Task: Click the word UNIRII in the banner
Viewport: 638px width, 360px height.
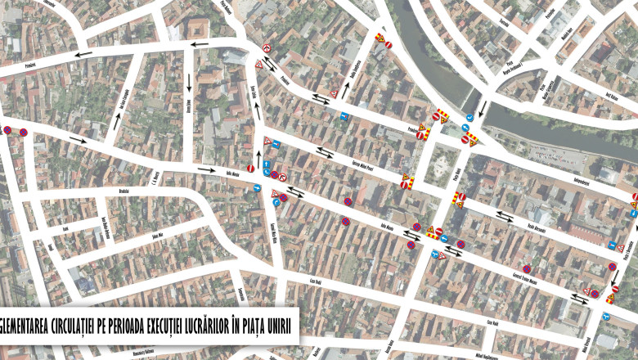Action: [x=278, y=327]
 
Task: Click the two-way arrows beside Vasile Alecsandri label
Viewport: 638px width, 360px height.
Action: [x=503, y=216]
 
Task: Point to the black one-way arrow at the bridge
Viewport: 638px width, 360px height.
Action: [x=483, y=107]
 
